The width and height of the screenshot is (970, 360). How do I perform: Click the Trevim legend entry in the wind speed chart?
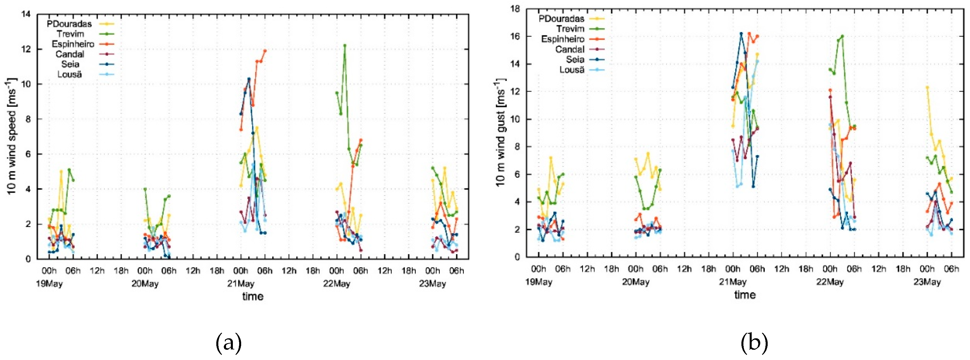70,34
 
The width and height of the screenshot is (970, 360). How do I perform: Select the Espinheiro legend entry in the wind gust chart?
562,39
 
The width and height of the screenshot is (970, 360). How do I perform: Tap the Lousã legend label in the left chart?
70,74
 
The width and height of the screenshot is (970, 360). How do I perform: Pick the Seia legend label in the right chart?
575,60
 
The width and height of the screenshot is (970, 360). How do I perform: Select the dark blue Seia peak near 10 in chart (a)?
249,79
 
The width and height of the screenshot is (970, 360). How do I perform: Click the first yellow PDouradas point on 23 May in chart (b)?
927,87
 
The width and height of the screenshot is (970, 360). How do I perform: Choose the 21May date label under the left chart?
241,283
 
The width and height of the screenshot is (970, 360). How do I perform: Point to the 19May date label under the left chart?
49,283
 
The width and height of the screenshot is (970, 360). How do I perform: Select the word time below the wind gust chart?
745,295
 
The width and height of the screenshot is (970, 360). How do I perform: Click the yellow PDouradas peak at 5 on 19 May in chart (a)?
61,171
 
